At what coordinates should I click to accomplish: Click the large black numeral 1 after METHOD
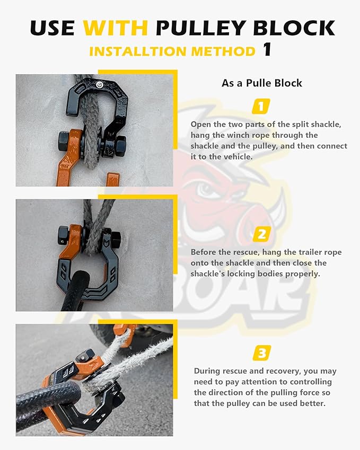click(x=267, y=50)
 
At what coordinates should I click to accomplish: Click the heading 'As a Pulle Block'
click(x=261, y=83)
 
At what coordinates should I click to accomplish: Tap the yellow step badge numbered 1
click(x=260, y=107)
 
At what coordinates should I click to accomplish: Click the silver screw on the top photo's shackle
click(x=100, y=84)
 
